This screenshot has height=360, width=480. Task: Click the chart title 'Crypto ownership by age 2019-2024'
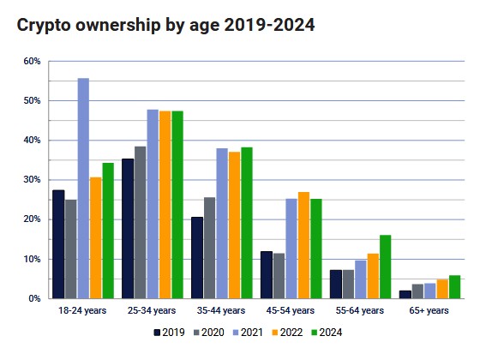tap(165, 25)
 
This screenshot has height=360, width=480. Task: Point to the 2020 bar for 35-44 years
tap(210, 248)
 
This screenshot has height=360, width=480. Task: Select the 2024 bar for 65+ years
tap(454, 287)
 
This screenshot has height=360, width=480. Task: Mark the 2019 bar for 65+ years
tap(405, 294)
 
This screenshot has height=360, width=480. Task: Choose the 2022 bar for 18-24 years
tap(96, 237)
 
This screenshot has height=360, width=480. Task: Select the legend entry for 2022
tap(286, 332)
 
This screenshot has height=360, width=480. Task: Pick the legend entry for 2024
tap(326, 332)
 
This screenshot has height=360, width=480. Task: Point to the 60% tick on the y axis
tap(32, 62)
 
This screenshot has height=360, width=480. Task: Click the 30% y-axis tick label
tap(32, 180)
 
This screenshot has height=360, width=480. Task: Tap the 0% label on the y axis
tap(34, 298)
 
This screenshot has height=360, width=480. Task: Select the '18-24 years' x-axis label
tap(83, 310)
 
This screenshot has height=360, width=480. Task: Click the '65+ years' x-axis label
tap(429, 310)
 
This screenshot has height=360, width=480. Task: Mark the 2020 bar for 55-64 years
tap(348, 284)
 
